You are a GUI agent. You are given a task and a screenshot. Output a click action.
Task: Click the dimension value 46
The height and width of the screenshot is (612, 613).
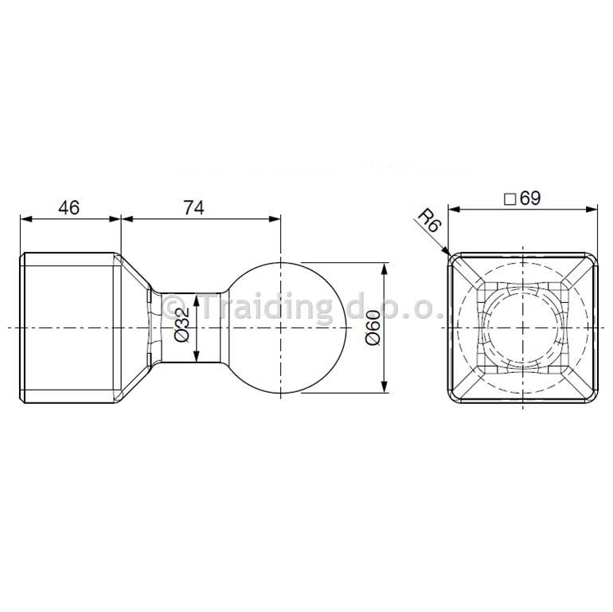click(x=68, y=207)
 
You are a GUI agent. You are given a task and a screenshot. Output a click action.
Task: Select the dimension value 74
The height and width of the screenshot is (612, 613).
click(x=194, y=207)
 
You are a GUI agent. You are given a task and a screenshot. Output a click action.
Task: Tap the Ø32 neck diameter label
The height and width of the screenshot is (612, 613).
click(x=182, y=325)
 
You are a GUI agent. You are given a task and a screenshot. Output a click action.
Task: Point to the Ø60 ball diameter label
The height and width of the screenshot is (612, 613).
click(x=373, y=328)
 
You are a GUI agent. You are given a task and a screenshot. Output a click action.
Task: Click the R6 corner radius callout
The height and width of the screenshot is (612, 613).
click(x=429, y=220)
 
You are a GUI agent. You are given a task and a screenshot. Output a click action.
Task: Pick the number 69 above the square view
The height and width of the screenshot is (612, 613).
click(x=530, y=198)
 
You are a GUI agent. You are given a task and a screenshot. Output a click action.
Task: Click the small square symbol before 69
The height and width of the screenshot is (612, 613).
click(x=510, y=199)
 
